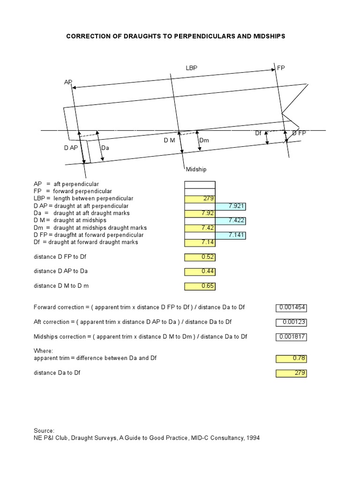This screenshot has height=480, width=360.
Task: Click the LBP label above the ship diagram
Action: tap(191, 68)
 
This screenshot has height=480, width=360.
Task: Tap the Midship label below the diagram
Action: tap(196, 169)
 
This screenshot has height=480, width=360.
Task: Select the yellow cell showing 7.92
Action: tap(200, 213)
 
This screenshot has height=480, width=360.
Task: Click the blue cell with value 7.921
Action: tap(231, 206)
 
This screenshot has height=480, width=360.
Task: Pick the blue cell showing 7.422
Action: tap(231, 220)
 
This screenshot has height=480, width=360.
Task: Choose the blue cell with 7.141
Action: tap(231, 235)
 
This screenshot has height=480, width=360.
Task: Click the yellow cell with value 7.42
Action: tap(200, 228)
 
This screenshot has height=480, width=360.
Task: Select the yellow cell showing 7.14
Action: tap(200, 242)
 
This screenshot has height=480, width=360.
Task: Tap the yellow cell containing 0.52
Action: tap(200, 257)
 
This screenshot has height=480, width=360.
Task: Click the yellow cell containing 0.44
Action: tap(200, 271)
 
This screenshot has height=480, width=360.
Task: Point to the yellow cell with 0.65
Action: tap(200, 286)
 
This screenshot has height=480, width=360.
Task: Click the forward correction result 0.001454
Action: tap(291, 307)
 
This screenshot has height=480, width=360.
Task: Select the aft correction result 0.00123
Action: tap(291, 322)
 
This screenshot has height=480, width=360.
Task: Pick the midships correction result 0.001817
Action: tap(291, 337)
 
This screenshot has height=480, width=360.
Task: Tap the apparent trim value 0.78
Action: tap(291, 359)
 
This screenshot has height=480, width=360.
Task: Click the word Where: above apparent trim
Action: tap(44, 351)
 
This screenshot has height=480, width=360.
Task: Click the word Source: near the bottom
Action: tap(44, 430)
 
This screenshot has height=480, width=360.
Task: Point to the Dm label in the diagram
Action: tap(204, 141)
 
